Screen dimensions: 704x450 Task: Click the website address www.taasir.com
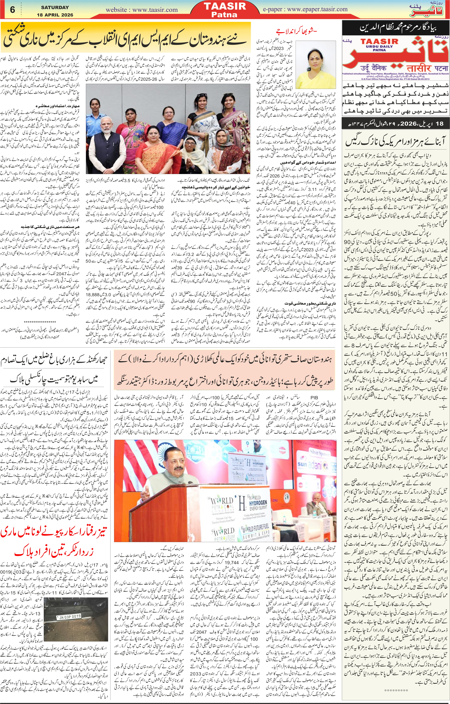142,10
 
